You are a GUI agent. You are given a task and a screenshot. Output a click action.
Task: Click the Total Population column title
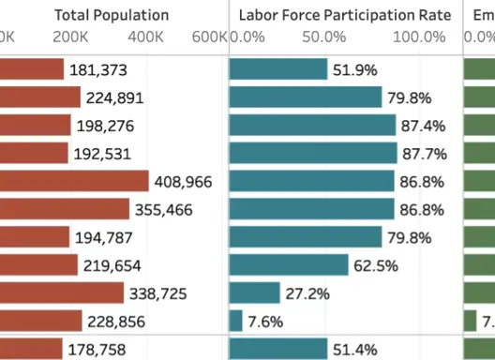(112, 15)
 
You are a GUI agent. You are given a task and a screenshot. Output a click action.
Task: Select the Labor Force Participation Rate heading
(345, 15)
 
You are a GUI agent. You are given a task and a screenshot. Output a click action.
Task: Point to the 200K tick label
(71, 37)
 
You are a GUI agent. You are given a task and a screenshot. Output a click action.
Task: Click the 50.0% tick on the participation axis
(324, 37)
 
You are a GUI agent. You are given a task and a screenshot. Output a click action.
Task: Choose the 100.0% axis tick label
(419, 37)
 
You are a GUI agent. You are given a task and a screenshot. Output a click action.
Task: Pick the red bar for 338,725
(62, 293)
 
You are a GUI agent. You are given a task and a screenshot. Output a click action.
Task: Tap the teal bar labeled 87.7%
(313, 154)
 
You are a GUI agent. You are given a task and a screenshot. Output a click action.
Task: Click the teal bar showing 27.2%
(255, 293)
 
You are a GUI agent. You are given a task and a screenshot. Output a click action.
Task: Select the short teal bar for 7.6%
(236, 322)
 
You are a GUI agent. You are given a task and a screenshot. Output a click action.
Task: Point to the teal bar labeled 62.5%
(289, 265)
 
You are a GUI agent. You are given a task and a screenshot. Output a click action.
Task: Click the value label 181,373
(98, 70)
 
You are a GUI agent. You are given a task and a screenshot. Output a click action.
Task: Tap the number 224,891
(116, 98)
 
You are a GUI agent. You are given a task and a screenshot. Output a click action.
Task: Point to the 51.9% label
(354, 70)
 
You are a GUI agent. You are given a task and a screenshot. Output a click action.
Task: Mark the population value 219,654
(113, 265)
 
